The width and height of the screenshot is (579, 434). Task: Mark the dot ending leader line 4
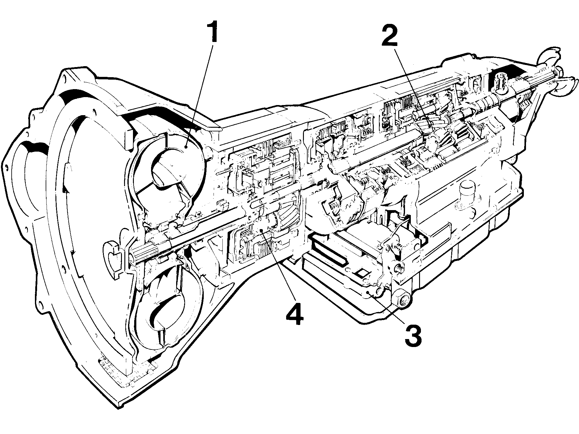click(261, 230)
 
